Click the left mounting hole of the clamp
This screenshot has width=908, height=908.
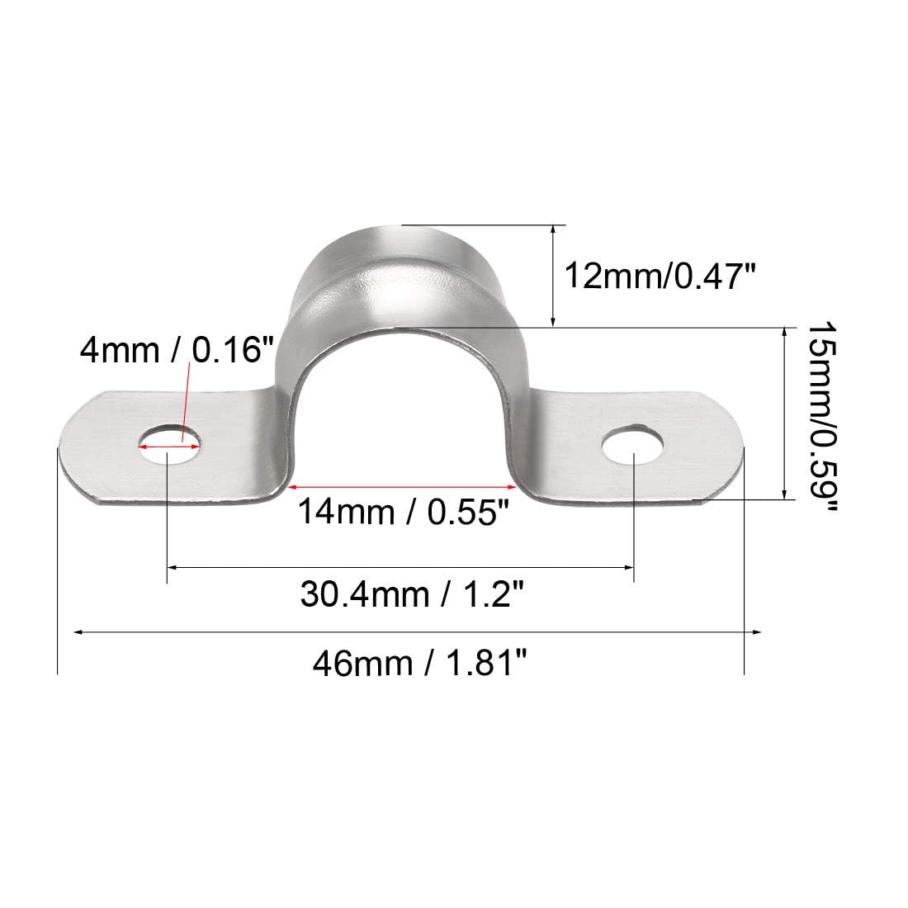[x=168, y=446]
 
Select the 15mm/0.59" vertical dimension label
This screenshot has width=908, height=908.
[x=821, y=416]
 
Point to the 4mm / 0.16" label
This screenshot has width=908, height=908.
[x=177, y=350]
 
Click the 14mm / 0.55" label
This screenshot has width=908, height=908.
[x=403, y=511]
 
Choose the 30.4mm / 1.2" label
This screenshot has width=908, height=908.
[x=412, y=594]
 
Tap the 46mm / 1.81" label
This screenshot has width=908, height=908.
[x=420, y=663]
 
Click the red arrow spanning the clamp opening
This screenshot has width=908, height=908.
[x=401, y=487]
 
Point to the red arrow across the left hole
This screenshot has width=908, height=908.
[x=168, y=447]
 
